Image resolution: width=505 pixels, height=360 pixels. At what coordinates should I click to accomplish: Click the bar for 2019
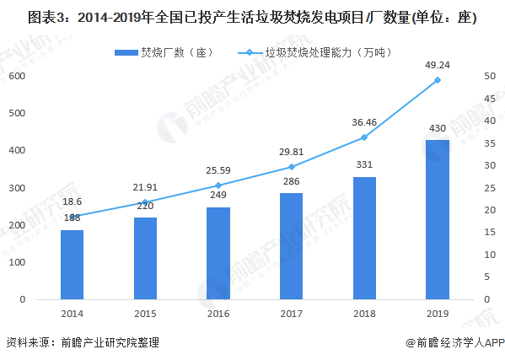[x=437, y=219]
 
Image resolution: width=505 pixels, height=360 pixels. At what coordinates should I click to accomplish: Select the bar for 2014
[x=72, y=265]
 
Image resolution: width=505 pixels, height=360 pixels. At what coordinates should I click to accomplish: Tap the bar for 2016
[x=218, y=253]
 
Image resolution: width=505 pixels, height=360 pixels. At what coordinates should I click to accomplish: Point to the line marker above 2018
[x=364, y=137]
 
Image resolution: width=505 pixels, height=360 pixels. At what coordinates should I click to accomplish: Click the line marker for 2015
[x=145, y=201]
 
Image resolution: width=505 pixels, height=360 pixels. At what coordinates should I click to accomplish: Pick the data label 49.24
[x=437, y=63]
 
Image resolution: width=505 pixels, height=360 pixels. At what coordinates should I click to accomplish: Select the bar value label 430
[x=437, y=128]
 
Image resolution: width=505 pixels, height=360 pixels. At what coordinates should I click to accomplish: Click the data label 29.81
[x=291, y=151]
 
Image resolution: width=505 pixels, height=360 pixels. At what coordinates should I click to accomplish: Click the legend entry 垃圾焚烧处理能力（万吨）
[x=305, y=52]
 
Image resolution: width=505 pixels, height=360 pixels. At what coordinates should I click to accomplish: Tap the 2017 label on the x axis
[x=291, y=313]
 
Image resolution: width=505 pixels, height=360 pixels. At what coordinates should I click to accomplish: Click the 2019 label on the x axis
[x=437, y=313]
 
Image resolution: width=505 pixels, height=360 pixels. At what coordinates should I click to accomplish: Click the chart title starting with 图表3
[x=251, y=18]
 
